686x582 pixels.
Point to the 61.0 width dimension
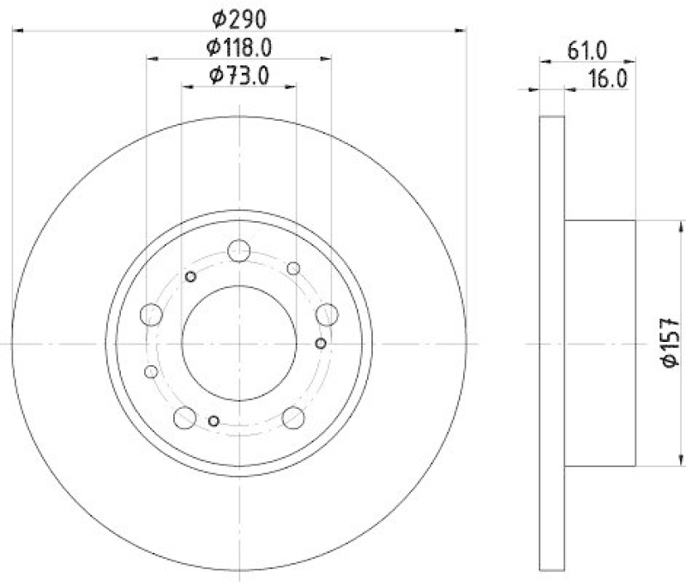(x=587, y=49)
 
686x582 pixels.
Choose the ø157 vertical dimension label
(x=671, y=343)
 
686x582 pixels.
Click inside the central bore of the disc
(x=239, y=343)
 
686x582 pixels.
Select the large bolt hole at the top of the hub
(x=239, y=250)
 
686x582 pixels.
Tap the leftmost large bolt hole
(x=152, y=315)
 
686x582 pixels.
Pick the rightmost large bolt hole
(x=327, y=315)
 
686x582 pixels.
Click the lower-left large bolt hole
(x=185, y=417)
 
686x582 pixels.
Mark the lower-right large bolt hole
(x=293, y=417)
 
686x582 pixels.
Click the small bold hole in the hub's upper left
(x=191, y=275)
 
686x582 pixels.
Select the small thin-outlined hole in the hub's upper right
(x=293, y=268)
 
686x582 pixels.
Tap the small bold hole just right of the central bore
(x=321, y=344)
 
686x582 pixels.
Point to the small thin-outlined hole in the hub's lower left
(x=152, y=371)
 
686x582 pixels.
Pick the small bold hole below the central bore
(x=214, y=420)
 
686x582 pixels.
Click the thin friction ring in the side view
(x=552, y=343)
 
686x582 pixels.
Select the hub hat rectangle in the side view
(x=599, y=343)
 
